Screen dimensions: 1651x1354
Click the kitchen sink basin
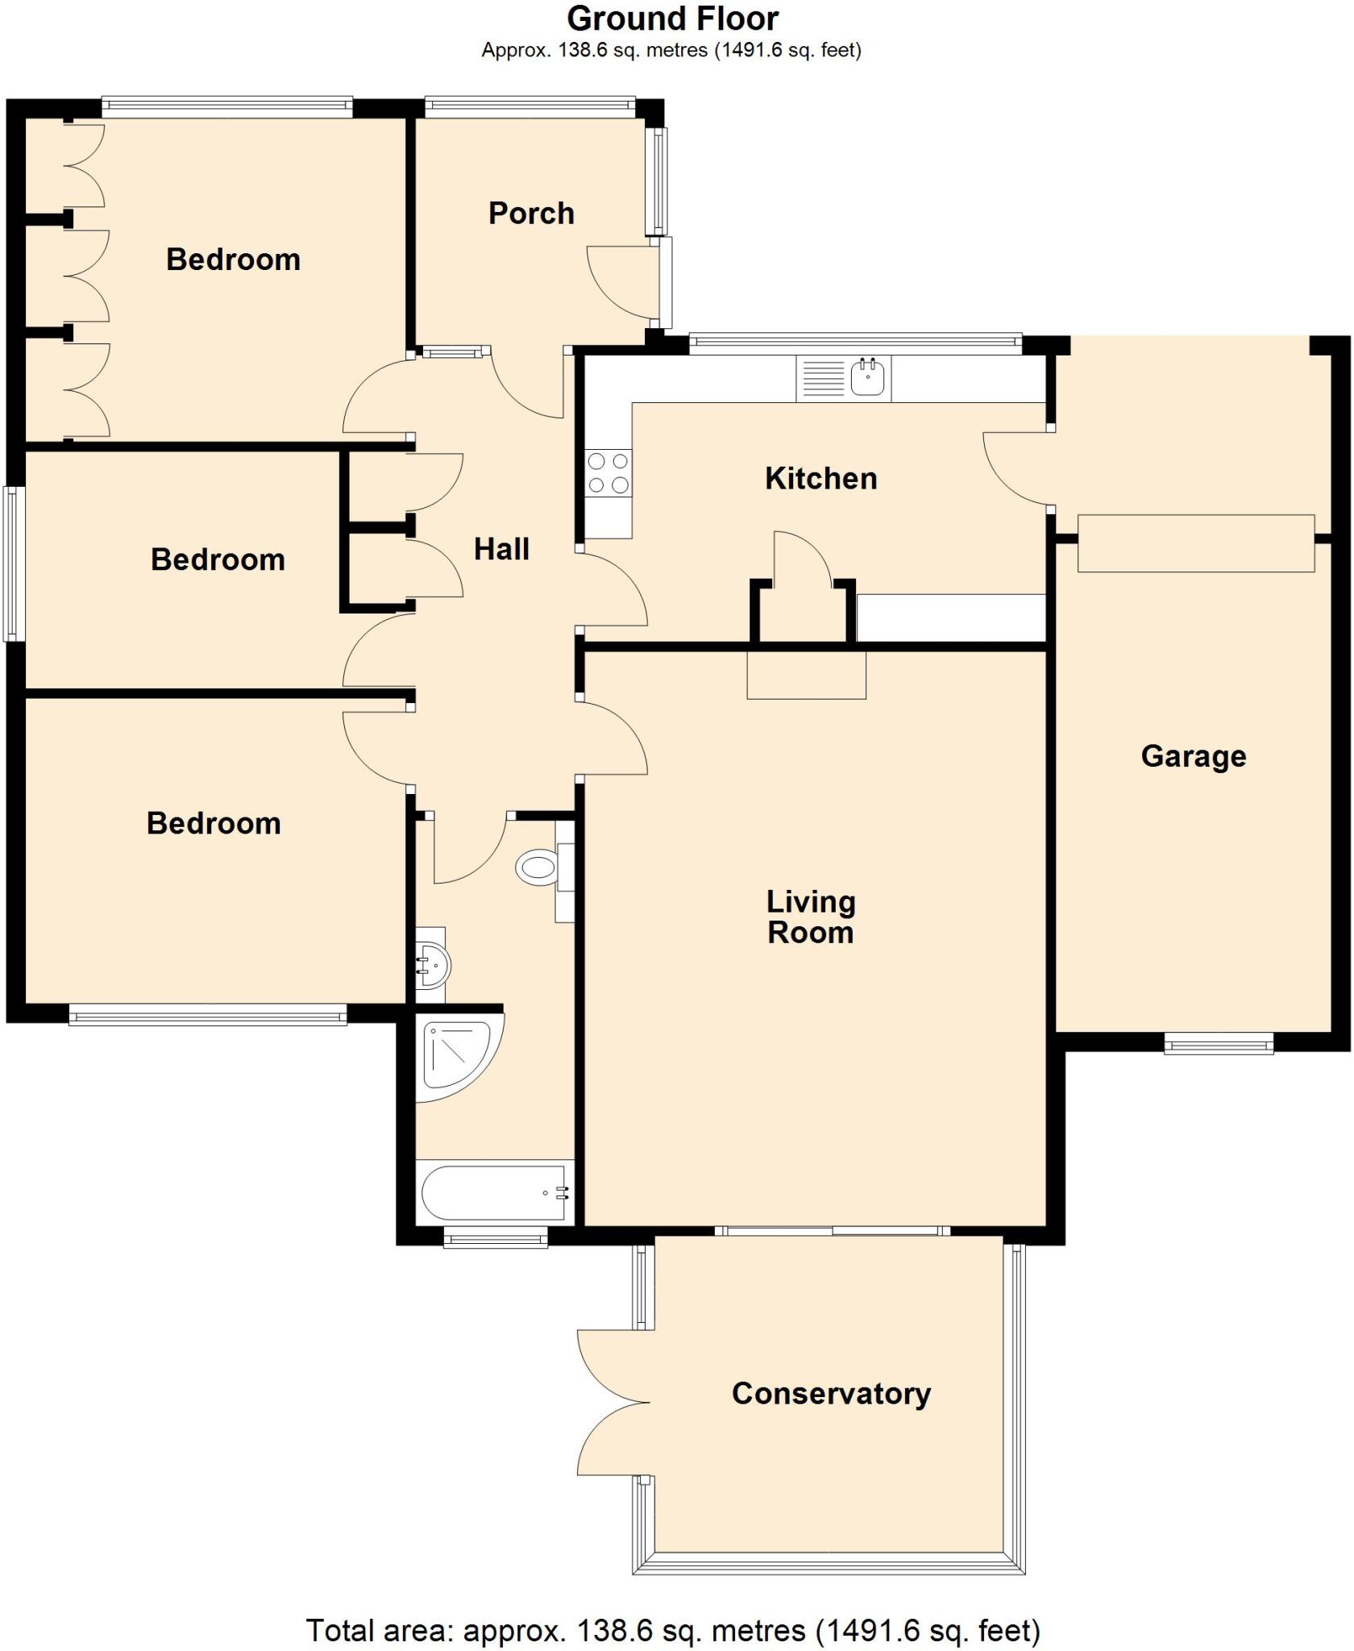coord(867,378)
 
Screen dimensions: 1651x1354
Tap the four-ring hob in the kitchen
coord(608,473)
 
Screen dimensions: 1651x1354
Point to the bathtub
coord(494,1192)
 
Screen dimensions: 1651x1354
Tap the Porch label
coord(531,214)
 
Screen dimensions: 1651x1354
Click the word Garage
coord(1193,756)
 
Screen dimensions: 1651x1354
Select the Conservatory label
coord(831,1393)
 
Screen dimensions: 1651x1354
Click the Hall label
coord(501,549)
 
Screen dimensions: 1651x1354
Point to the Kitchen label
coord(820,478)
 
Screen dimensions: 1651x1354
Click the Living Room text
coord(810,917)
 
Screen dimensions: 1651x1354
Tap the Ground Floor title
coord(672,19)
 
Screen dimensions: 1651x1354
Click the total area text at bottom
coord(672,1630)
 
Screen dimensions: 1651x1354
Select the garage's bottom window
coord(1219,1045)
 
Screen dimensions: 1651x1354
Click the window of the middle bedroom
coord(15,564)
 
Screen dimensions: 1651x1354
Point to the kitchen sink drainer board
coord(822,378)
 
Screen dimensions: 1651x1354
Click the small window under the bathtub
coord(496,1237)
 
